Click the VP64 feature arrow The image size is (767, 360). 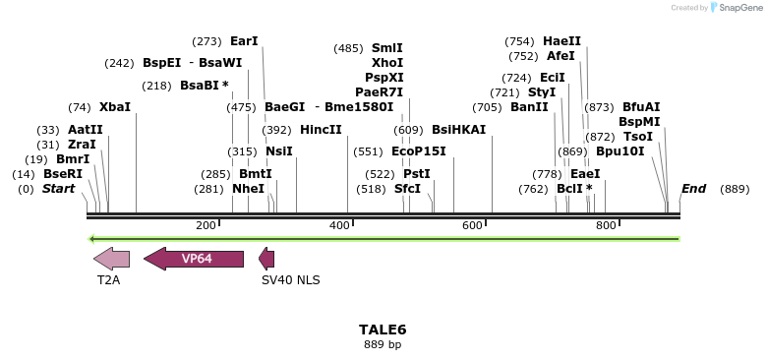click(194, 259)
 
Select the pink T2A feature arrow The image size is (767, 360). click(111, 259)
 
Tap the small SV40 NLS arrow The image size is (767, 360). click(266, 259)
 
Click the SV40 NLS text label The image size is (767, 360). click(290, 280)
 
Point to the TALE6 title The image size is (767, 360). click(383, 330)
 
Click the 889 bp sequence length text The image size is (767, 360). click(383, 344)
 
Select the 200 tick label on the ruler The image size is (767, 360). click(206, 226)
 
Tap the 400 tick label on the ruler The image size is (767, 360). click(339, 226)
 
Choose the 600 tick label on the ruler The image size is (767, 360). click(472, 226)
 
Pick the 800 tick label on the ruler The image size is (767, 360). click(605, 226)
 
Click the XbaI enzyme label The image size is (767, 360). click(114, 107)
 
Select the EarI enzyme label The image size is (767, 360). click(244, 42)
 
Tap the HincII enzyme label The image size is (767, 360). click(321, 130)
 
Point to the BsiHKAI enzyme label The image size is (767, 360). click(458, 130)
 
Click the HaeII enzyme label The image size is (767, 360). click(561, 42)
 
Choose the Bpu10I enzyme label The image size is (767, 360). click(619, 151)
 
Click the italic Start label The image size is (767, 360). click(58, 189)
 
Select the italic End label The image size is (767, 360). click(693, 189)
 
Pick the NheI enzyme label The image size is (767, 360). click(248, 189)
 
